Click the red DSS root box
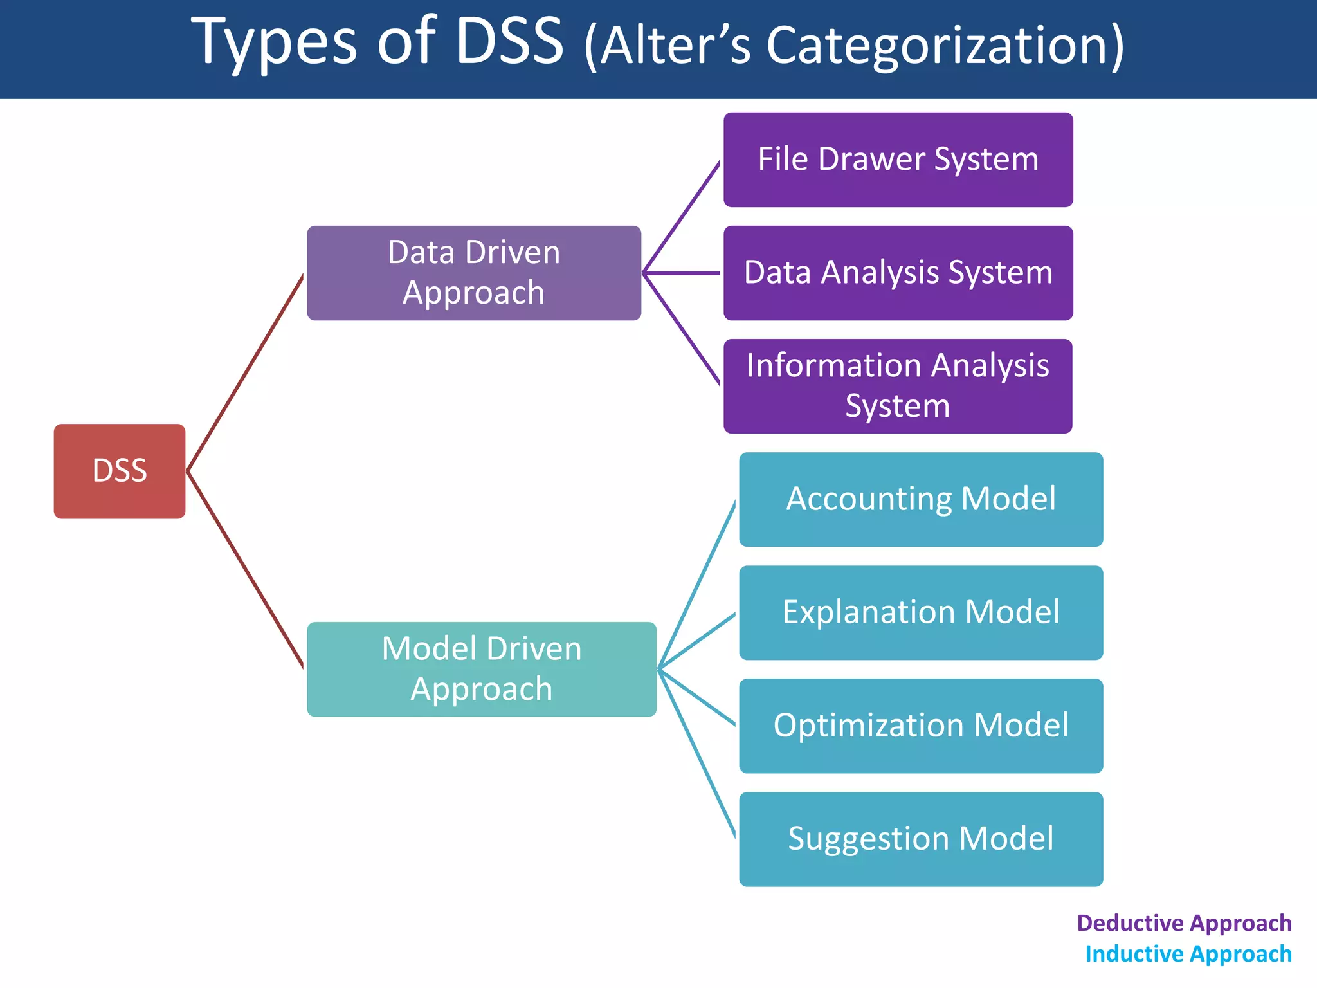[x=120, y=471]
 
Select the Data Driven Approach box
[x=474, y=273]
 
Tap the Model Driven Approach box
[x=481, y=669]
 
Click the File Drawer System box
[x=898, y=160]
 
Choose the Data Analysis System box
[x=898, y=273]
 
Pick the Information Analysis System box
[x=898, y=386]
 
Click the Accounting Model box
[x=921, y=499]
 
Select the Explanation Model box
[x=921, y=612]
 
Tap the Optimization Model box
[x=921, y=726]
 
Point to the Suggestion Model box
[x=921, y=839]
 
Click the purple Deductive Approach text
[x=1184, y=923]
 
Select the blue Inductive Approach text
[x=1188, y=954]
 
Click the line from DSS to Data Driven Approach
[x=245, y=373]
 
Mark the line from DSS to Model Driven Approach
[x=245, y=570]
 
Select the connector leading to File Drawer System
[x=682, y=217]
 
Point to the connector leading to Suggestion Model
[x=697, y=754]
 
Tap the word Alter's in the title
[x=675, y=46]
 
